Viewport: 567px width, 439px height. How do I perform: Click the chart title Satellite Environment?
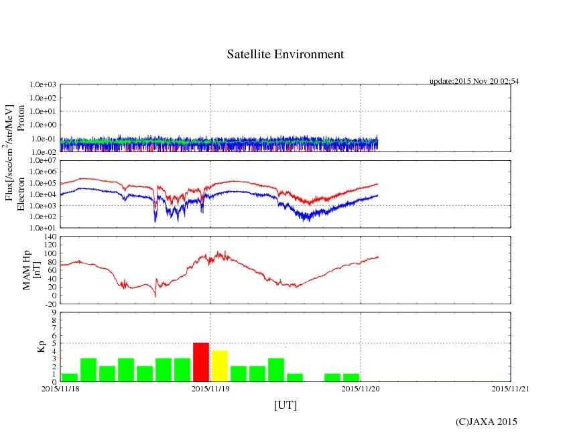coord(285,54)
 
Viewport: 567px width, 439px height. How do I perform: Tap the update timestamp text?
coord(474,81)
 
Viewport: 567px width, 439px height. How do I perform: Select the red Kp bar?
coord(201,362)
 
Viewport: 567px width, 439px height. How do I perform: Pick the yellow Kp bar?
coord(220,366)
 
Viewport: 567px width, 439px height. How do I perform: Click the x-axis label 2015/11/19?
coord(210,388)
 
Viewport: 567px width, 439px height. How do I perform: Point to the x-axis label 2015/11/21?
coord(511,388)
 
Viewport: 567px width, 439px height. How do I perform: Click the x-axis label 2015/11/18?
coord(60,388)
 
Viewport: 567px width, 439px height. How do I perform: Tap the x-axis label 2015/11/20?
coord(361,388)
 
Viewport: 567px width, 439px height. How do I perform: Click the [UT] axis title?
coord(285,405)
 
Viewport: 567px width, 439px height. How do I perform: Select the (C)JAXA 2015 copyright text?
coord(486,422)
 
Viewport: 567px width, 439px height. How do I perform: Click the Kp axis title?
coord(27,347)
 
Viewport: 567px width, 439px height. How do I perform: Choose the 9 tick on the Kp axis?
coord(54,312)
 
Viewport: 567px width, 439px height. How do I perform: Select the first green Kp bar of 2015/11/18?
coord(70,377)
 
